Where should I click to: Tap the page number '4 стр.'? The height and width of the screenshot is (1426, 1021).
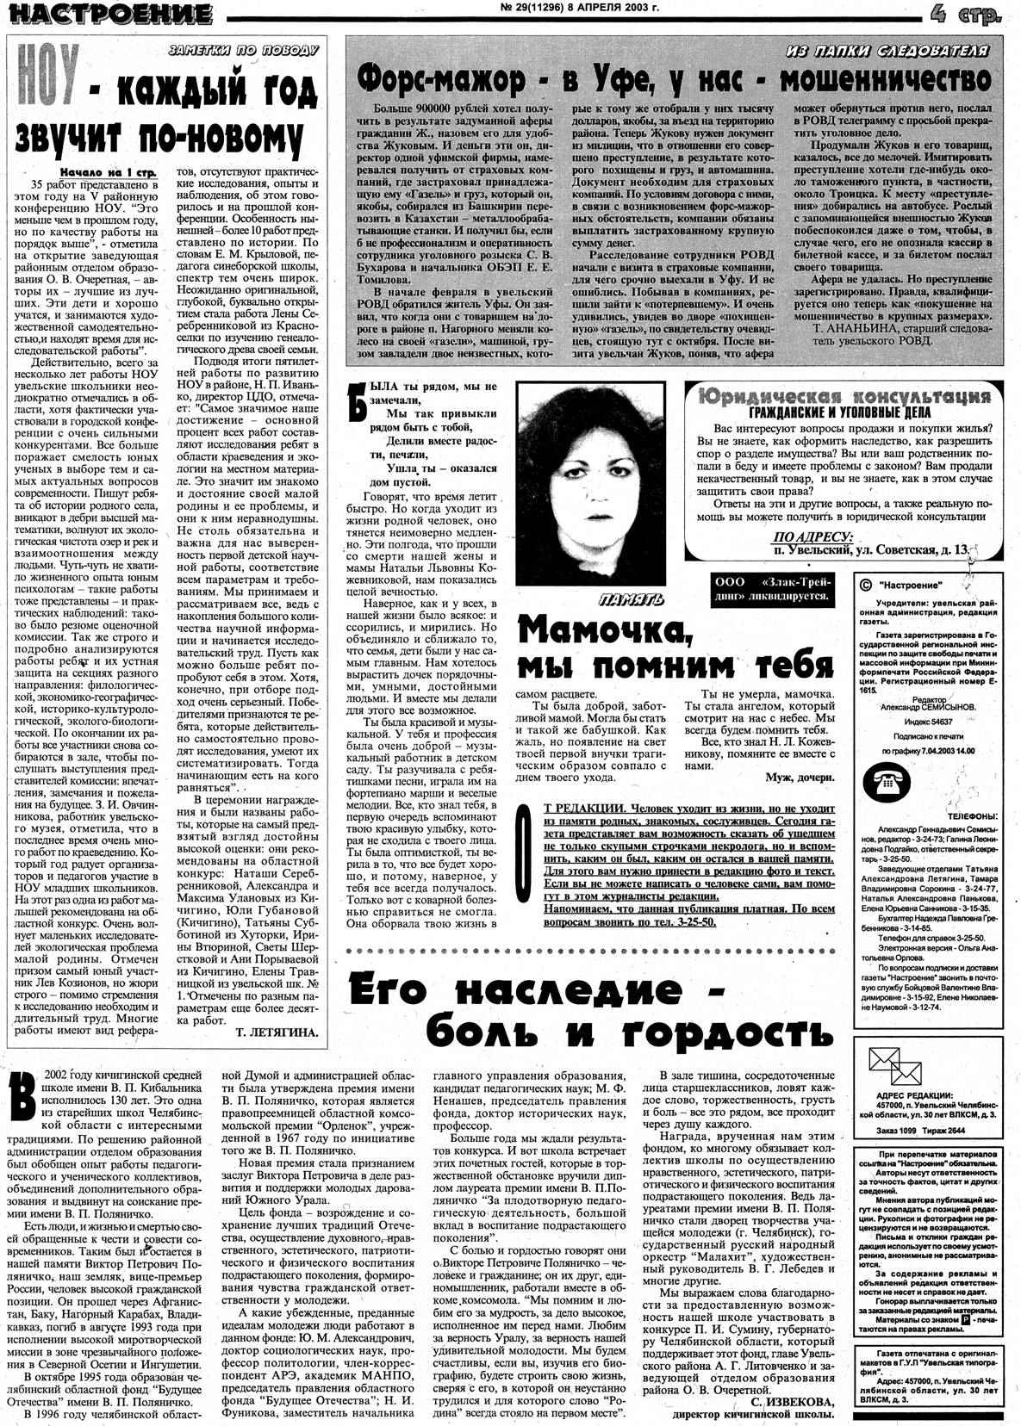pyautogui.click(x=965, y=14)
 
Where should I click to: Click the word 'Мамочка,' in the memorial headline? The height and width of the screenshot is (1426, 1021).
pyautogui.click(x=604, y=633)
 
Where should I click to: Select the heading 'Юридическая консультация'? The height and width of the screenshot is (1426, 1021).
pyautogui.click(x=844, y=396)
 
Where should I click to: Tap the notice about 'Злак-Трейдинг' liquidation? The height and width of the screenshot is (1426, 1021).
pyautogui.click(x=770, y=587)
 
